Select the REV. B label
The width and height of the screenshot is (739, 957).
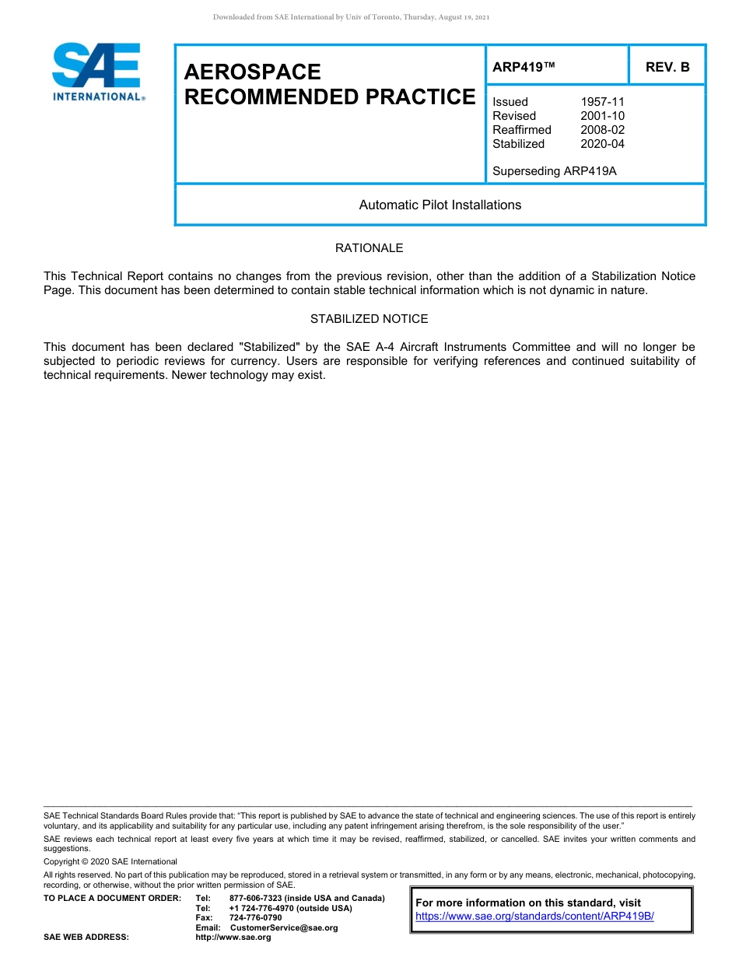click(x=667, y=67)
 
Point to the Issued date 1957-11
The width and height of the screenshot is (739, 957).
click(x=602, y=102)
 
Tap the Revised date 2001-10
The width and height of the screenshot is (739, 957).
click(x=602, y=116)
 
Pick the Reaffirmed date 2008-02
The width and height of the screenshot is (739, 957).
click(x=602, y=130)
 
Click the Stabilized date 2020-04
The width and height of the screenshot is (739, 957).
click(x=602, y=144)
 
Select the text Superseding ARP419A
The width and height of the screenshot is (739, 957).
click(x=554, y=171)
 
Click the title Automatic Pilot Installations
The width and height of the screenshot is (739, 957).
click(x=440, y=205)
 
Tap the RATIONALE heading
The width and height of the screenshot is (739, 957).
click(x=369, y=248)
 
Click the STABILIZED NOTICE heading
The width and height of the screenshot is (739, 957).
click(x=369, y=319)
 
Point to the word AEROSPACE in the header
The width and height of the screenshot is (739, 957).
click(x=252, y=72)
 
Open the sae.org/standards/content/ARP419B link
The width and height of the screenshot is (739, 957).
click(x=534, y=917)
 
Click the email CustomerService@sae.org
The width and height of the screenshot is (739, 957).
click(x=284, y=927)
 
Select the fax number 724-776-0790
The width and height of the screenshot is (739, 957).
click(x=255, y=918)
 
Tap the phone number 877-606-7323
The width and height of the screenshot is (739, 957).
click(x=256, y=899)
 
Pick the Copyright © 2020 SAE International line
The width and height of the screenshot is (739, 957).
click(x=110, y=862)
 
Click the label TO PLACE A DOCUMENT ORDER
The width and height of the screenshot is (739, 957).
click(x=112, y=899)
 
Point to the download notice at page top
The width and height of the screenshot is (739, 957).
click(x=351, y=17)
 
